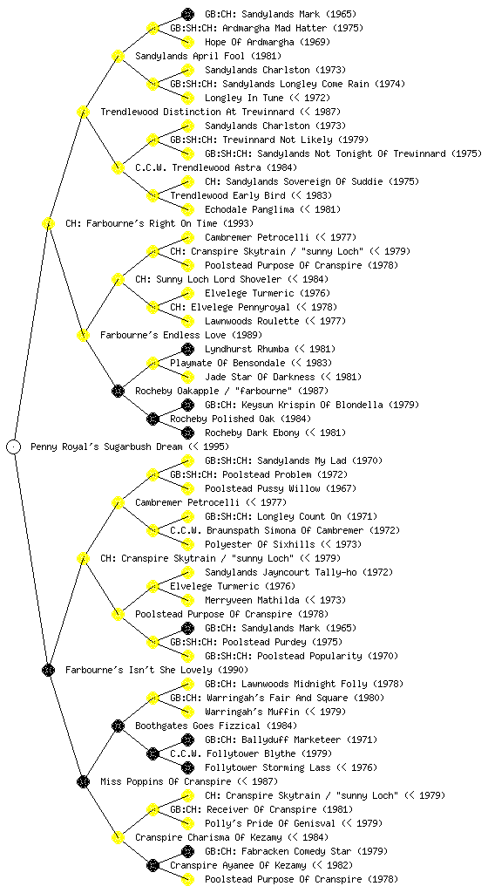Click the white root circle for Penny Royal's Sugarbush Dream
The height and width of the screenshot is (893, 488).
14,446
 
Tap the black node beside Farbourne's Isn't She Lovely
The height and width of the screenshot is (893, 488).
48,670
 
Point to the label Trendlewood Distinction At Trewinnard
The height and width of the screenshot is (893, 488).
197,112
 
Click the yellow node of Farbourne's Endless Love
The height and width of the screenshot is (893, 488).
83,335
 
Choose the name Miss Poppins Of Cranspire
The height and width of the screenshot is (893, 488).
166,781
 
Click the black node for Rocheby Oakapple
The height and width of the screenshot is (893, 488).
118,391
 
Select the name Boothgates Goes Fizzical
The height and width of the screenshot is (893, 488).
197,726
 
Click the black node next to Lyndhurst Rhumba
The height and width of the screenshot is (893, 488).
187,349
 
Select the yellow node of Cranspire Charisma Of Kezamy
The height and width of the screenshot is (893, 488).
118,837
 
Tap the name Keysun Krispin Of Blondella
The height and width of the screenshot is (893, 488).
306,405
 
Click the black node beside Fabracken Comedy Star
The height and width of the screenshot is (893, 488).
187,851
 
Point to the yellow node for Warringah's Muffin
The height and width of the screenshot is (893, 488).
187,712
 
